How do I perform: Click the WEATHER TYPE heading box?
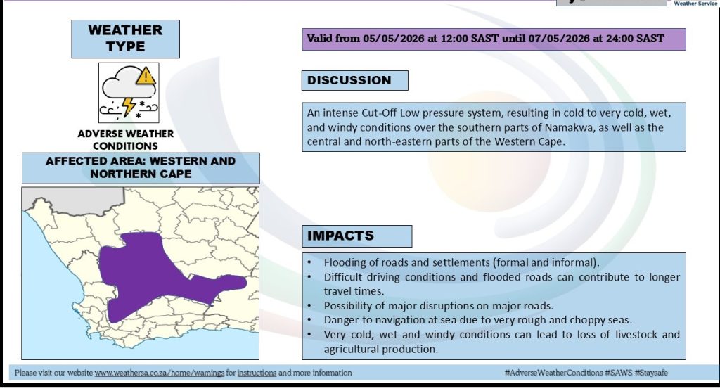pos(125,39)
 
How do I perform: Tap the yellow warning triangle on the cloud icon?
pos(146,75)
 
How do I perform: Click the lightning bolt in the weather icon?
pos(129,106)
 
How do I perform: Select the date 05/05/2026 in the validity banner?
pos(394,39)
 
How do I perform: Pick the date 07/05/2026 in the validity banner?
pos(559,39)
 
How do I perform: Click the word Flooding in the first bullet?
pos(342,263)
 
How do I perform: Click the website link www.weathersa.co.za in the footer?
pos(160,373)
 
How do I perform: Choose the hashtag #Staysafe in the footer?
pos(651,373)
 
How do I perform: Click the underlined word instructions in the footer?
pos(257,373)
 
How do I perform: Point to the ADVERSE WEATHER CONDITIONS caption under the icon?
pos(125,140)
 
